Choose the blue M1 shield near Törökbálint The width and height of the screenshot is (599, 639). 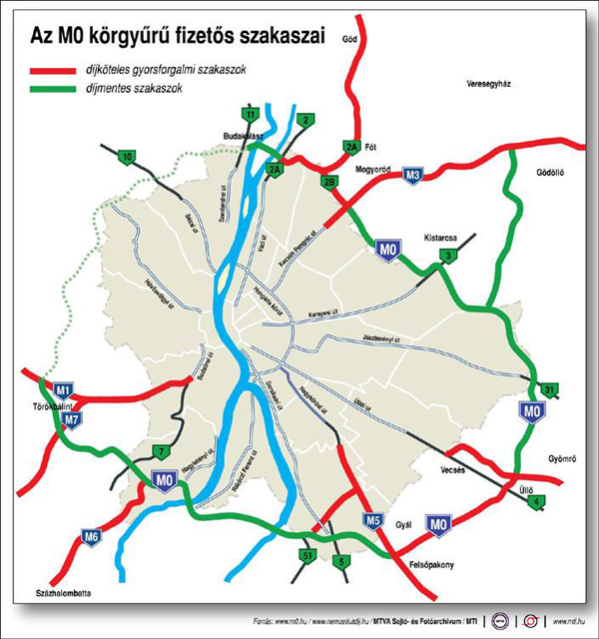65,390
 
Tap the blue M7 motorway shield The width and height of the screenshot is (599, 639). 70,419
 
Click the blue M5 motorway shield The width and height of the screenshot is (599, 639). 373,520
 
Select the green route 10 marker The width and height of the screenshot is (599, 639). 127,157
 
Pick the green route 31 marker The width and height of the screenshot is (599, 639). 548,388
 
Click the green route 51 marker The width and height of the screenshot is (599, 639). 308,555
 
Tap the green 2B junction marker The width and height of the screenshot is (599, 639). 329,182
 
